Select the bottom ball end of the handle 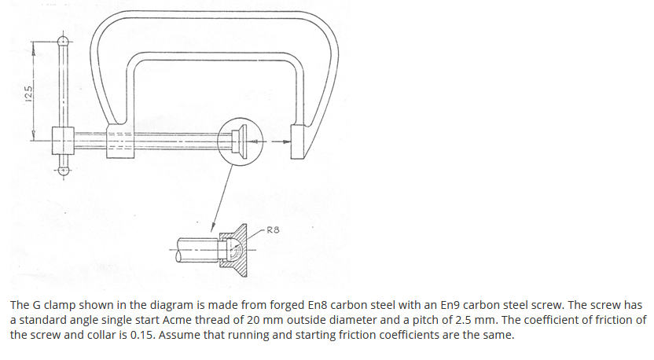point(64,168)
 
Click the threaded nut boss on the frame point(119,141)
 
